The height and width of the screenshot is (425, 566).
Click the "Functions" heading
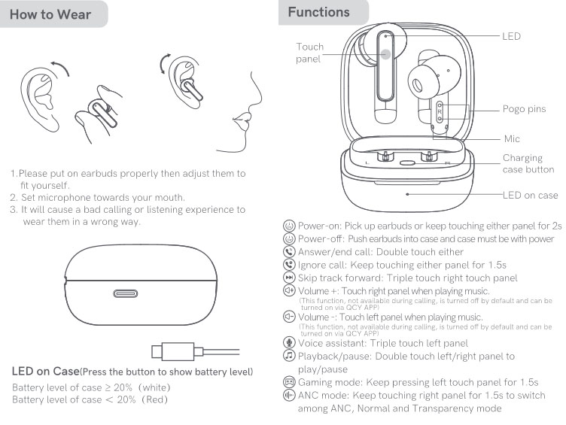tap(318, 12)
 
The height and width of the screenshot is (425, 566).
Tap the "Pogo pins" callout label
tap(524, 109)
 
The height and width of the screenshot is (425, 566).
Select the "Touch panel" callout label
tap(309, 53)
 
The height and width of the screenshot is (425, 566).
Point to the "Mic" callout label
tap(512, 138)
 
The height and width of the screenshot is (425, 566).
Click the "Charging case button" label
tap(528, 164)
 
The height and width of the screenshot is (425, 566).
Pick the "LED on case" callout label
tap(530, 195)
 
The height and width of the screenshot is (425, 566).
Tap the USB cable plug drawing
tap(166, 351)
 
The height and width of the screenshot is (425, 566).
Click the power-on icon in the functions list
tap(288, 226)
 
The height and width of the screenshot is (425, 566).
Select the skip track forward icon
tap(288, 278)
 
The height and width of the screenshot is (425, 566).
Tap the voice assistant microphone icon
tap(288, 343)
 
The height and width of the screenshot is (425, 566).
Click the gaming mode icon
tap(288, 382)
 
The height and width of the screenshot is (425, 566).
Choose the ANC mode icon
tap(288, 395)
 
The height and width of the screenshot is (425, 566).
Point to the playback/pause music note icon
tap(288, 356)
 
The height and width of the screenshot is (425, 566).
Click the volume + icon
tap(288, 290)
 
